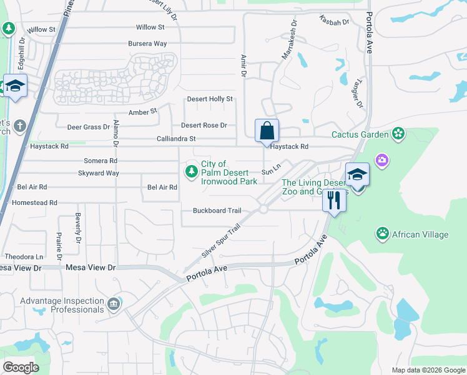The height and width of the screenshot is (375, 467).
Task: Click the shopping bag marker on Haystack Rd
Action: pos(267,131)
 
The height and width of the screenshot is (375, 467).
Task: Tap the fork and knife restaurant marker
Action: pos(334,201)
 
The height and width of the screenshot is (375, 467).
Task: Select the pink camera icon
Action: pos(381,161)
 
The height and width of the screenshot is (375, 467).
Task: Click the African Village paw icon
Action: pos(382,234)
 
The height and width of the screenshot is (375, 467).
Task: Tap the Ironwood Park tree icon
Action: pos(191,171)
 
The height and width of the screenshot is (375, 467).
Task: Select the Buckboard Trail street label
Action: pos(217,211)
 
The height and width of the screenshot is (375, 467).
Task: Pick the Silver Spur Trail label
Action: pos(221,242)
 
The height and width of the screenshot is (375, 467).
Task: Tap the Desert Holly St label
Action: pos(210,99)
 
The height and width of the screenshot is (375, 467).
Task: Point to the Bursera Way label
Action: pos(147,44)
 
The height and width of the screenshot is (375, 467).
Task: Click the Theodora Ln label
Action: pos(24,256)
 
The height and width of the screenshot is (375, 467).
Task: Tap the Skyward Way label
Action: pos(99,173)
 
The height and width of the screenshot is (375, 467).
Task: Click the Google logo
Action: pos(21,367)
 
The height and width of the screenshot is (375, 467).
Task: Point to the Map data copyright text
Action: pos(428,370)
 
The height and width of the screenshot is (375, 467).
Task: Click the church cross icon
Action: pos(19,126)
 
